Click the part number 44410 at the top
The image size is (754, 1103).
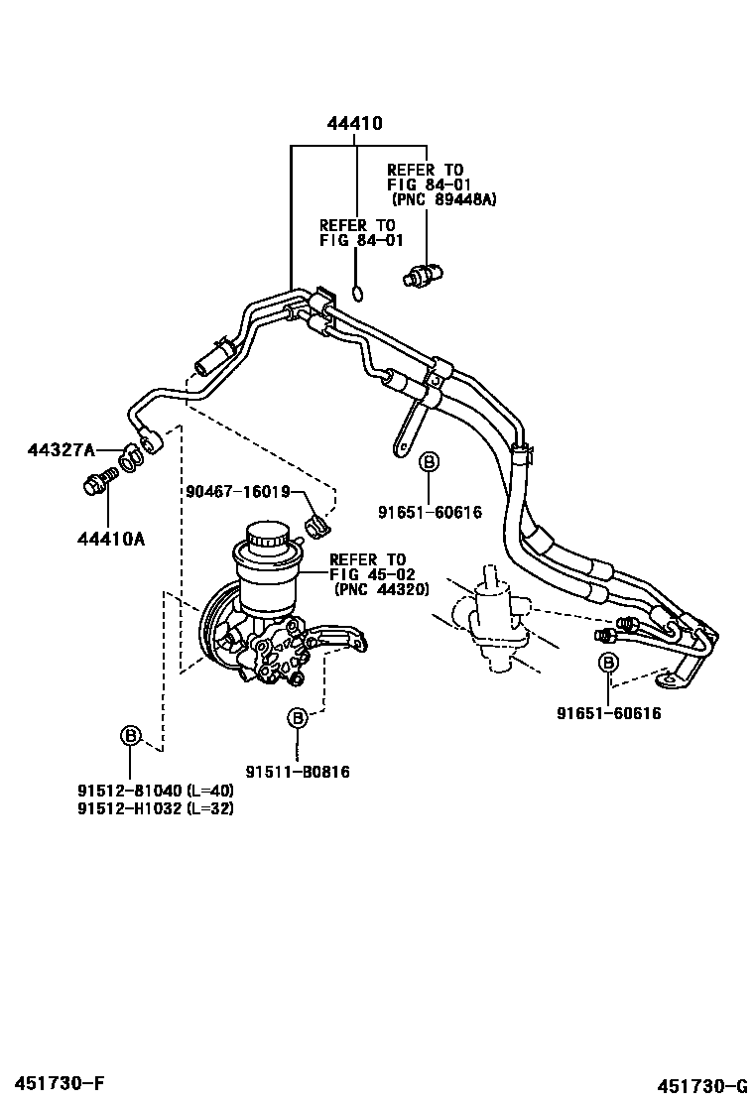(355, 124)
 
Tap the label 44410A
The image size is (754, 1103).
(110, 539)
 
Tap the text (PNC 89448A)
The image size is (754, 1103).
(443, 199)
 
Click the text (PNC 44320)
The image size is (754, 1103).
(381, 588)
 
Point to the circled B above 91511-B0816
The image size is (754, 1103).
(297, 717)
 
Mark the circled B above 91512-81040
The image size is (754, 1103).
(130, 735)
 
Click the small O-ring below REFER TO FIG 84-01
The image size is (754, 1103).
(358, 293)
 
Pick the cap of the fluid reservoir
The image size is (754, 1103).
(265, 541)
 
